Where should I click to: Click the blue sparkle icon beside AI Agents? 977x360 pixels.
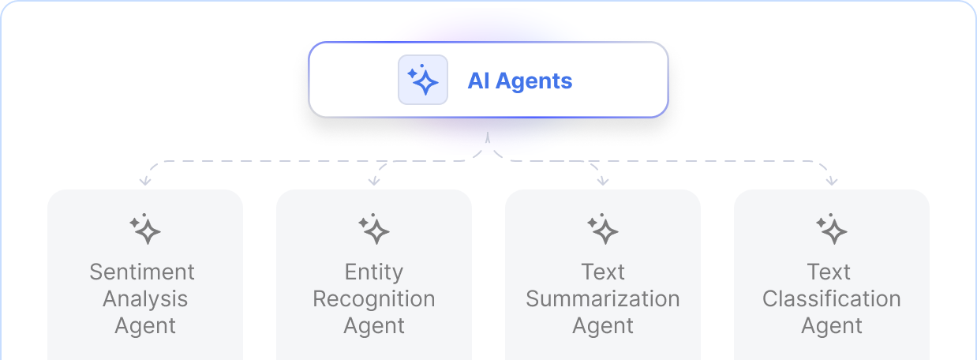(x=422, y=80)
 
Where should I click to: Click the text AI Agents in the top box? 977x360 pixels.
(x=520, y=81)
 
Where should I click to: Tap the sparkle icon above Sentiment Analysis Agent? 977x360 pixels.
(x=145, y=229)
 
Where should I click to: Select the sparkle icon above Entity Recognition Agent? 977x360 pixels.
(x=374, y=229)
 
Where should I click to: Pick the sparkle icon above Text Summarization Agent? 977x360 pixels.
(x=603, y=229)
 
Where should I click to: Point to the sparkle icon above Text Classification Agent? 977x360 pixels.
(x=832, y=229)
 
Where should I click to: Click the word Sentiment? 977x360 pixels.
(x=142, y=272)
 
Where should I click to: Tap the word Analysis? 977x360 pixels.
(x=145, y=299)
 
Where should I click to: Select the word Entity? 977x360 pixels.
(x=374, y=272)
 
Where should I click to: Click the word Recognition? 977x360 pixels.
(x=374, y=299)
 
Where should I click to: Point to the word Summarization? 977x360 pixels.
(x=603, y=299)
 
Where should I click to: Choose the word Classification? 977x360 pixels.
(x=832, y=299)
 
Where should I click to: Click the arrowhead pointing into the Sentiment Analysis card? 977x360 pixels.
(x=144, y=182)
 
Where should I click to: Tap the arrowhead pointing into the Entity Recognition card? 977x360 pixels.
(x=374, y=182)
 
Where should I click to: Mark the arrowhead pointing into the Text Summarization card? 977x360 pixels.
(x=603, y=182)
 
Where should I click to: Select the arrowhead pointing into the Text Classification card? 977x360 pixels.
(x=832, y=182)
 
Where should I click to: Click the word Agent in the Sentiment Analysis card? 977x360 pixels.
(x=145, y=326)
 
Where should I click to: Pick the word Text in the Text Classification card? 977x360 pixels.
(x=829, y=272)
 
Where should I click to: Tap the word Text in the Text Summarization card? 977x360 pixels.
(x=603, y=272)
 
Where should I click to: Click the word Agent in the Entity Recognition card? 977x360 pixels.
(x=374, y=326)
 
